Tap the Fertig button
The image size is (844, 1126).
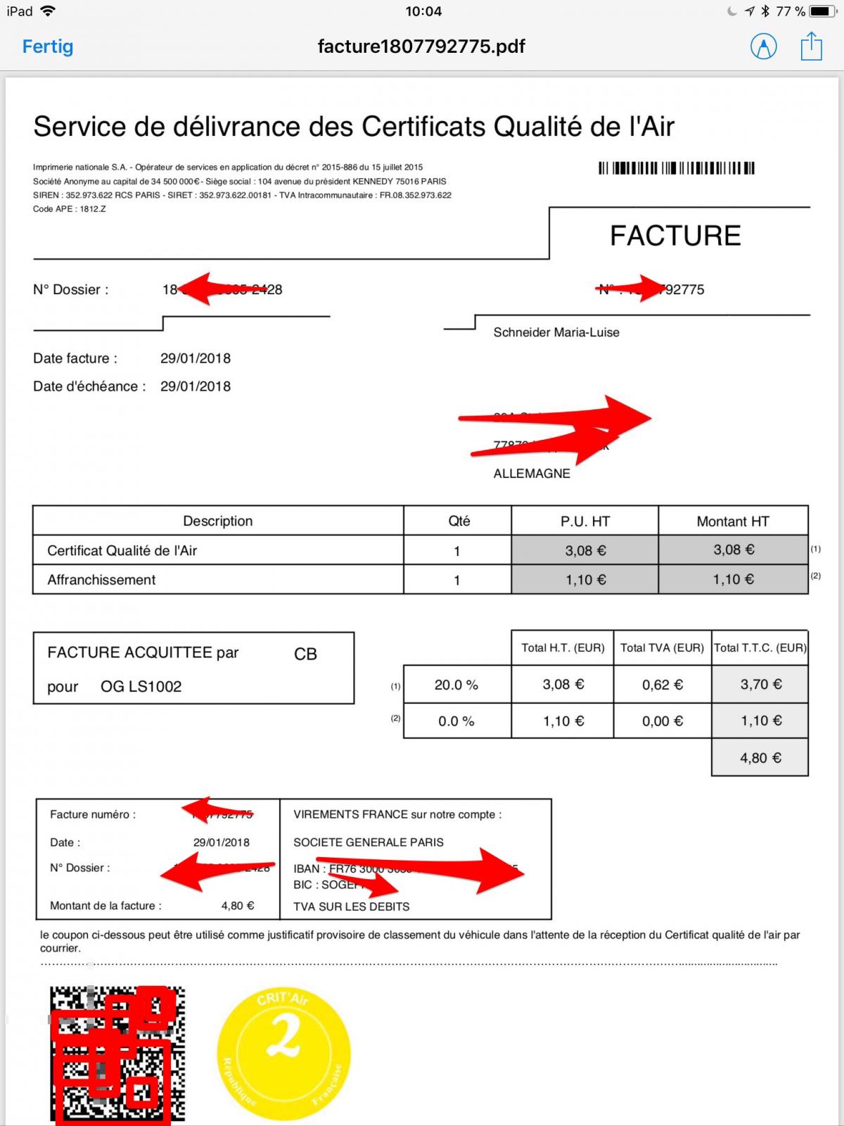click(48, 46)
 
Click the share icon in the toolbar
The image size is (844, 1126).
click(811, 46)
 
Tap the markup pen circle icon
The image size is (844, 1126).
click(763, 46)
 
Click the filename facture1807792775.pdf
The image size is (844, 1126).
click(421, 46)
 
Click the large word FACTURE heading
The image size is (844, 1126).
click(675, 236)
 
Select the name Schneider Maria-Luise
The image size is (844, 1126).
click(556, 332)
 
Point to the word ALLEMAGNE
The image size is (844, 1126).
click(532, 474)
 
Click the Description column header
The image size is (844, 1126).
click(217, 521)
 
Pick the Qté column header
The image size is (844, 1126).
click(459, 521)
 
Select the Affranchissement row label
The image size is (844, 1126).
click(101, 580)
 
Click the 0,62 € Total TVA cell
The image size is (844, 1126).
click(663, 685)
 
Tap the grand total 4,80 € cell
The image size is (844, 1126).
click(760, 758)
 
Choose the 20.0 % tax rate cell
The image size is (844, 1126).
click(456, 685)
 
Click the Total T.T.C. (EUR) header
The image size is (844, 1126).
click(760, 647)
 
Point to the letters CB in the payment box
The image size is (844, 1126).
click(305, 654)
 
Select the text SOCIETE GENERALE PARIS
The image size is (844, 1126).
click(369, 842)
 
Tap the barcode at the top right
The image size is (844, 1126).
click(677, 168)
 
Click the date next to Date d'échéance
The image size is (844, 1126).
click(196, 386)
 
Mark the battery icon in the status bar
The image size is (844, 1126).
click(821, 11)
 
